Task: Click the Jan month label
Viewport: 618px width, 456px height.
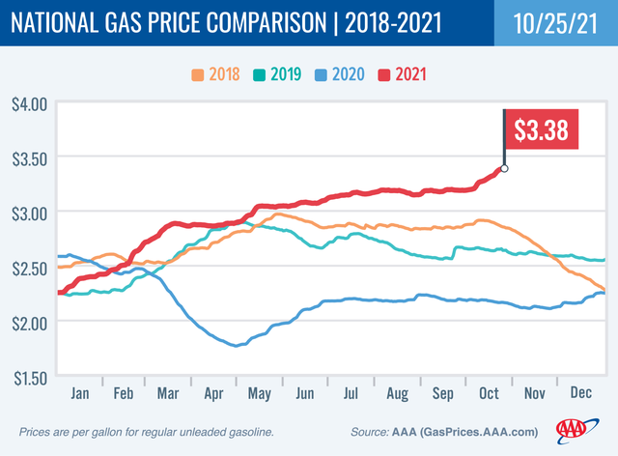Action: point(81,394)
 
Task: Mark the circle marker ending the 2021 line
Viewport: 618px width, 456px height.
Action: point(504,168)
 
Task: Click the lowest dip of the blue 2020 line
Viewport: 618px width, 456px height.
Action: point(236,345)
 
